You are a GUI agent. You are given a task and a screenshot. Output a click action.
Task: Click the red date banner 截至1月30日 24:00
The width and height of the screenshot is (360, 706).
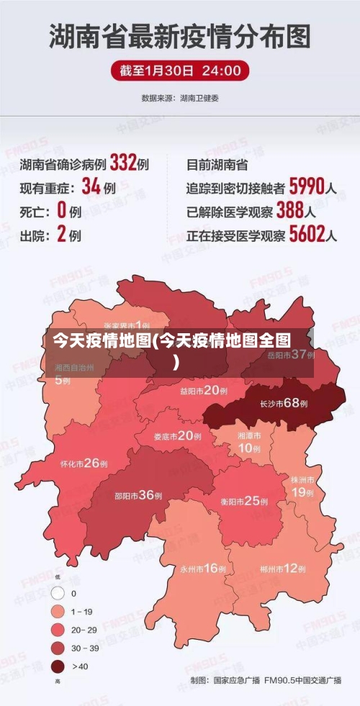pos(180,71)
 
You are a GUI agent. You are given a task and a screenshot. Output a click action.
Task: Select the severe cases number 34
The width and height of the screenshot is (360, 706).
pos(91,187)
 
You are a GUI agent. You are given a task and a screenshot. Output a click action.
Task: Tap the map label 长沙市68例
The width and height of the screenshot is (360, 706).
pos(284,403)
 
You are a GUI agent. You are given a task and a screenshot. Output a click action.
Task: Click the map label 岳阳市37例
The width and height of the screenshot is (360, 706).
pos(292,355)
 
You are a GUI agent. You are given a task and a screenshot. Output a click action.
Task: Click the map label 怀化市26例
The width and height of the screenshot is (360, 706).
pos(84,463)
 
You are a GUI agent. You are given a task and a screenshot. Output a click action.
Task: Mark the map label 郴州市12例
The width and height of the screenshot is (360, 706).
pos(284,569)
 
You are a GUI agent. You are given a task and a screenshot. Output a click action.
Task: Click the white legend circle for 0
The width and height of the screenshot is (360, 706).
pos(58,594)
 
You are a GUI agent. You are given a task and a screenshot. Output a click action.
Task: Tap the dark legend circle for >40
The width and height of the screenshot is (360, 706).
pos(58,666)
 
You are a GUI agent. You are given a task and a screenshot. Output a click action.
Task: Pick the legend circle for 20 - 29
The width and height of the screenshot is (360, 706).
pos(58,630)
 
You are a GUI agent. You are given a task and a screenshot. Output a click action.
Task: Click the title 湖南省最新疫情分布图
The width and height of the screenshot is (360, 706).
pos(180,35)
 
